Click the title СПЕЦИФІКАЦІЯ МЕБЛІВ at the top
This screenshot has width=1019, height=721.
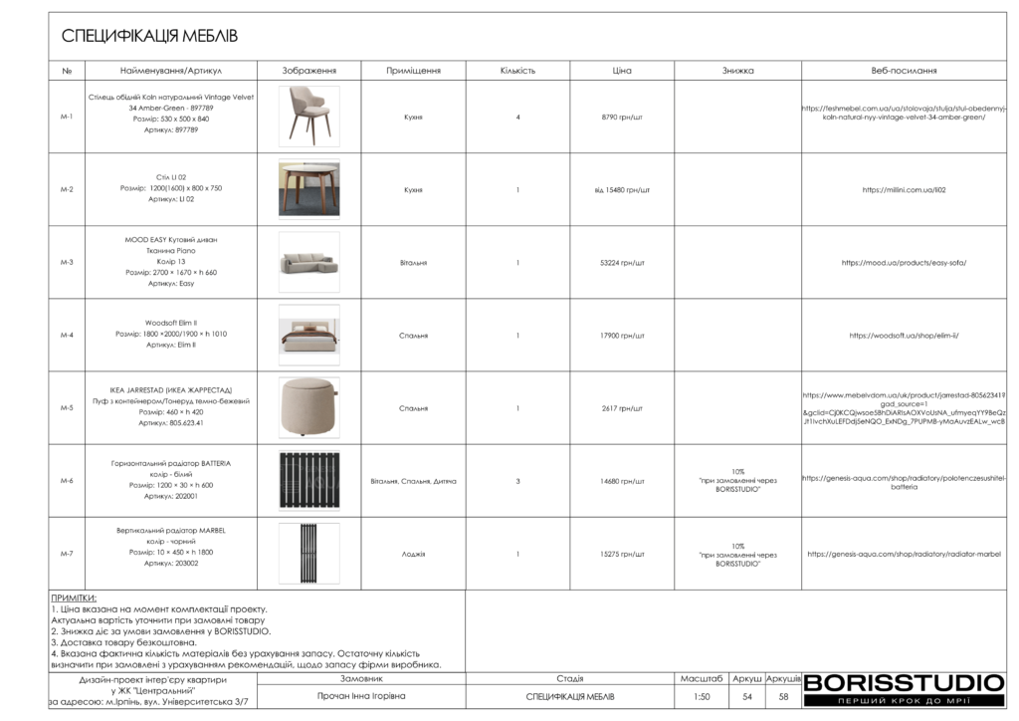[x=149, y=37]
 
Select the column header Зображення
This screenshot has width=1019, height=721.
[x=308, y=71]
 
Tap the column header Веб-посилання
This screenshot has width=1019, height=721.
[x=904, y=71]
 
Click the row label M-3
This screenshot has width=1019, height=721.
[x=67, y=263]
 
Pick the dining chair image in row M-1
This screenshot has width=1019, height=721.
[x=308, y=117]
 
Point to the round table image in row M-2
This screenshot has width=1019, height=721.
[x=308, y=189]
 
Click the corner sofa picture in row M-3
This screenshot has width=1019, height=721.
[x=308, y=262]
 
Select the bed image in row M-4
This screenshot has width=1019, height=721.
[x=308, y=335]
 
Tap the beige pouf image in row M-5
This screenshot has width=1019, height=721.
[x=308, y=407]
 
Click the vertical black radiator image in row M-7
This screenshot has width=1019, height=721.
[x=308, y=553]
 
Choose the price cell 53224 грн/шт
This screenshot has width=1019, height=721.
[x=622, y=263]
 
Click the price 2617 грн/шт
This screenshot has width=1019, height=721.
[x=622, y=408]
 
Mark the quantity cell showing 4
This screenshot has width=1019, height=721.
[x=517, y=118]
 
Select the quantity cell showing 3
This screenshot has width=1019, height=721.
[x=517, y=481]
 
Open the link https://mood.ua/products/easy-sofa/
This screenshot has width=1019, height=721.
[x=904, y=263]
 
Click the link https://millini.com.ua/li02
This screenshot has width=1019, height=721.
[x=904, y=189]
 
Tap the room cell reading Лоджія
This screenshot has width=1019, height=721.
[x=413, y=554]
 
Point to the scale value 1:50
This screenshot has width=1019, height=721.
[x=703, y=697]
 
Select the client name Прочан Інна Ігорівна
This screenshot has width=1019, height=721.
[x=361, y=696]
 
